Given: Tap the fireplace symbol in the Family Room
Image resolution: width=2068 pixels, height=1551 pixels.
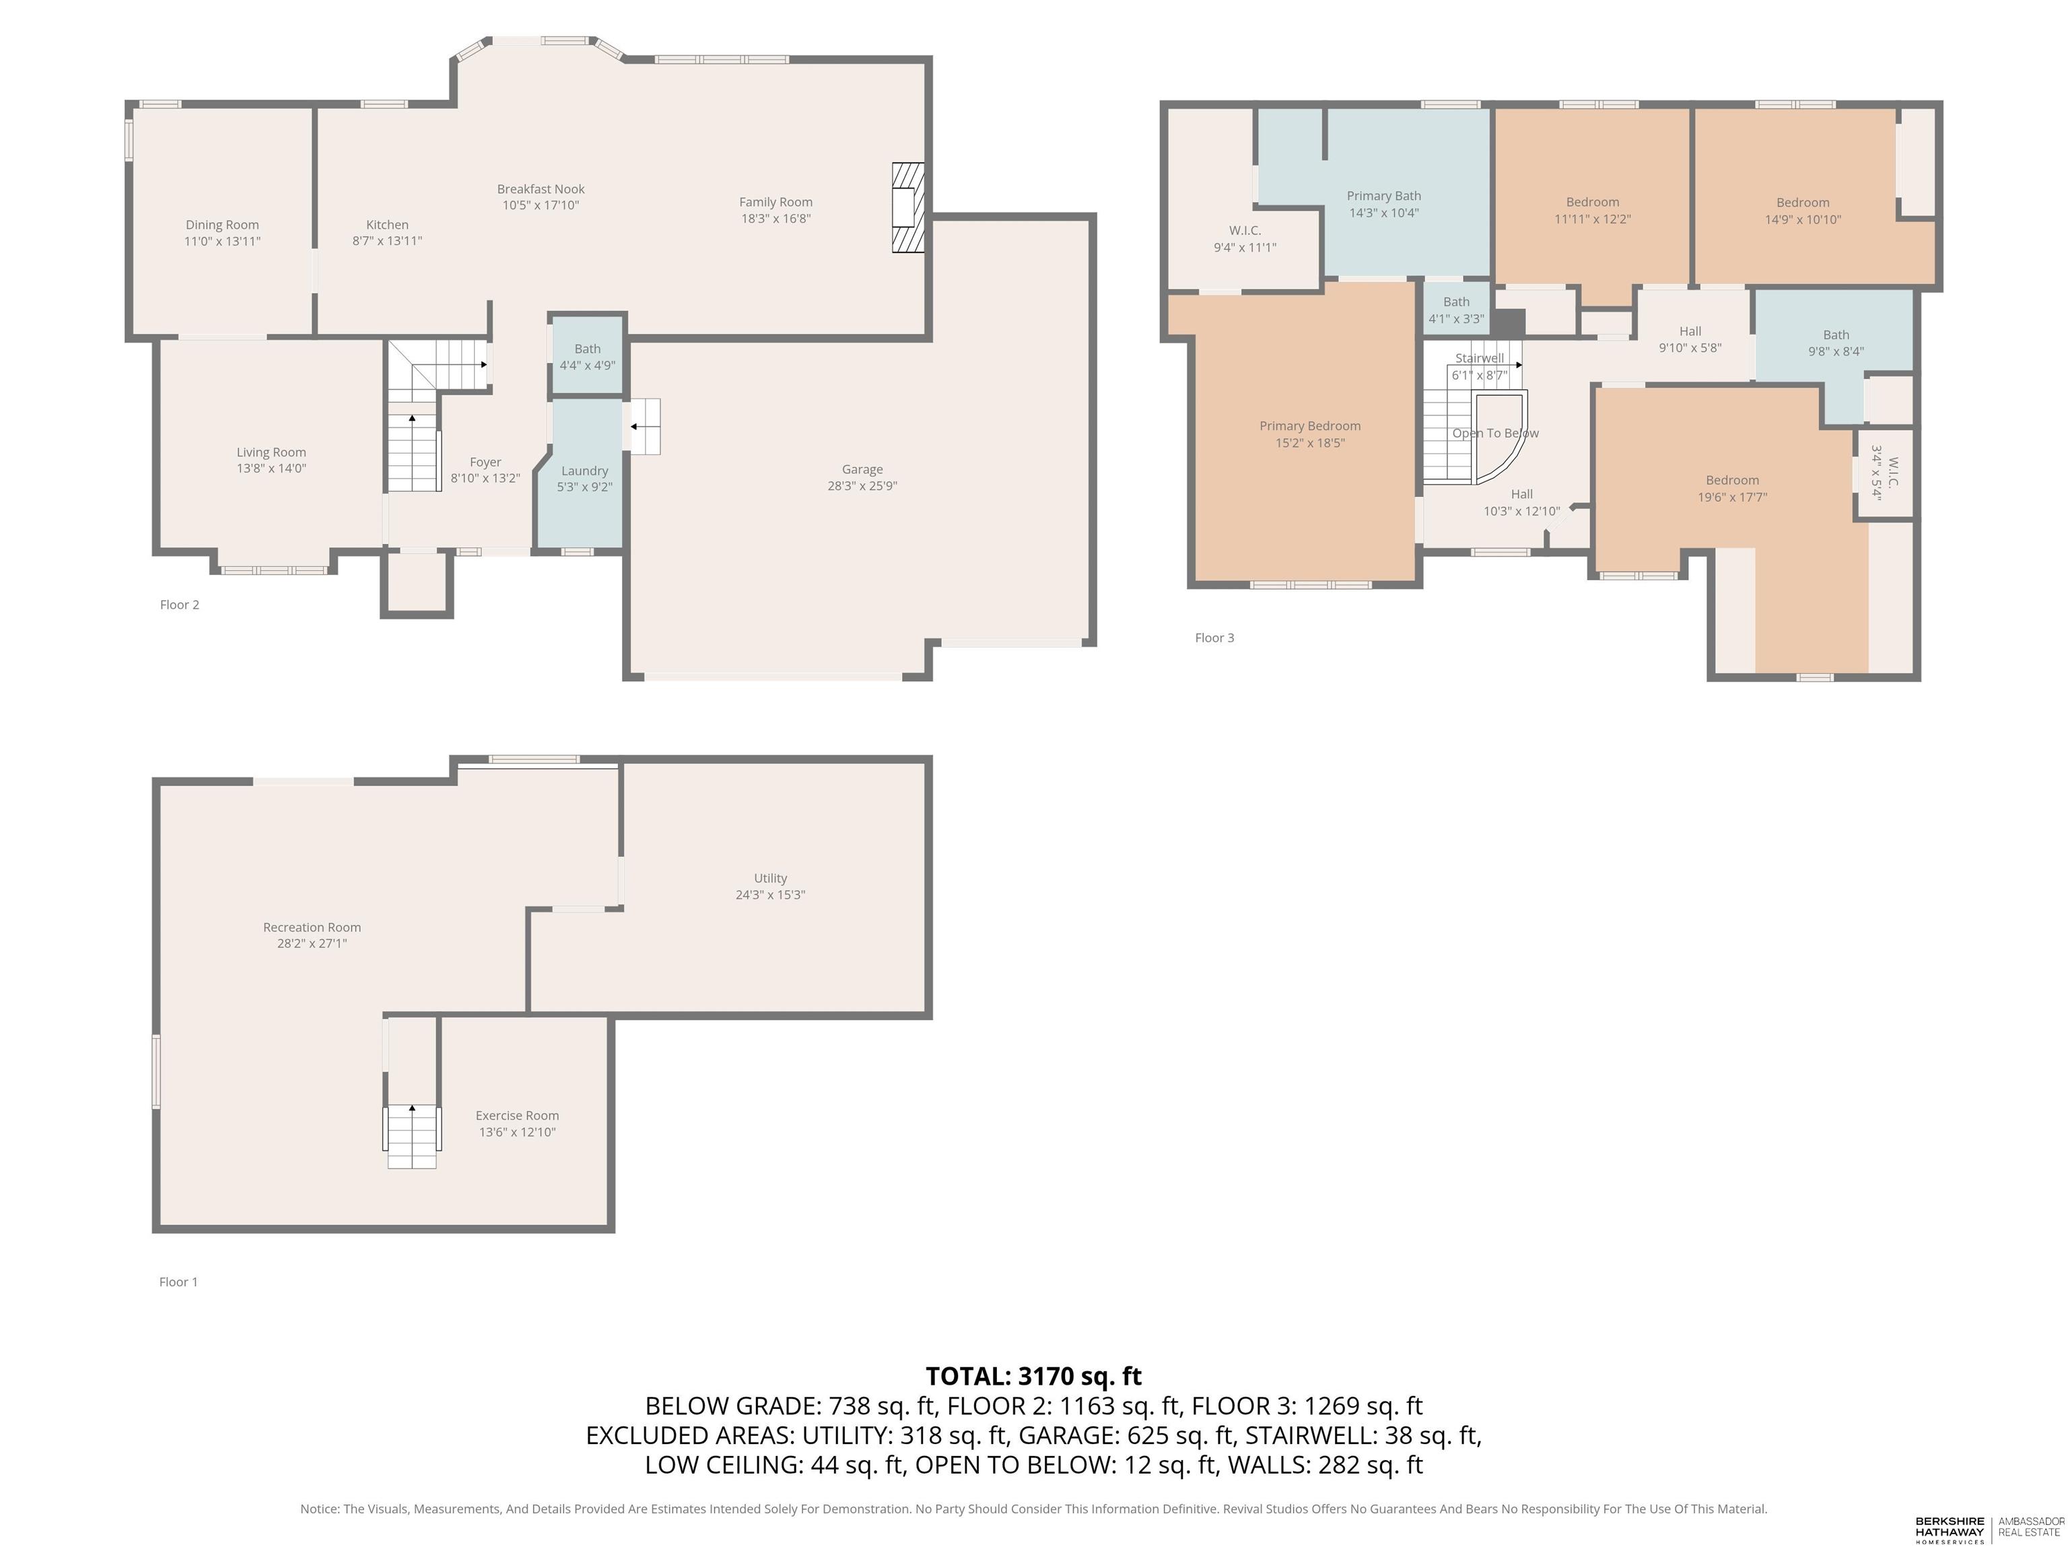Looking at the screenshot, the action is click(907, 207).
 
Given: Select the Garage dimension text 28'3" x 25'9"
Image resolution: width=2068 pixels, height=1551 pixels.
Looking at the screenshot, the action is click(862, 486).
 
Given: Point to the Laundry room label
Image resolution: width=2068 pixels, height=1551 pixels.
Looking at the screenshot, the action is click(584, 471).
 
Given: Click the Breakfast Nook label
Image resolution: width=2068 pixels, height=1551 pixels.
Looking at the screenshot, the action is click(541, 189).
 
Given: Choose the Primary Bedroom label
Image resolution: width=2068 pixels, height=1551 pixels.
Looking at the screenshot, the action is click(1310, 426).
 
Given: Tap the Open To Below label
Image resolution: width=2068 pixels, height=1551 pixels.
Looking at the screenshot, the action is click(1495, 433).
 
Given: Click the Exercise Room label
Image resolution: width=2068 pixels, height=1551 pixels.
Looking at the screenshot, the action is click(517, 1115).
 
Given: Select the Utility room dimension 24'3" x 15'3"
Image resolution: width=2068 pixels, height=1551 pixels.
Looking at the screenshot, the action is click(770, 895).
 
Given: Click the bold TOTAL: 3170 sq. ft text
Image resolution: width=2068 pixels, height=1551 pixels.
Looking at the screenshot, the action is click(1033, 1376).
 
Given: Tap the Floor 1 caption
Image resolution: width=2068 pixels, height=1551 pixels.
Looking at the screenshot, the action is click(178, 1282).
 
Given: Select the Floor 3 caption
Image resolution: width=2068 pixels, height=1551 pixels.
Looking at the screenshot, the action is click(1214, 637).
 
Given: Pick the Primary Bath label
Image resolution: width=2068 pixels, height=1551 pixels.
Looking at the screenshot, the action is click(1383, 195).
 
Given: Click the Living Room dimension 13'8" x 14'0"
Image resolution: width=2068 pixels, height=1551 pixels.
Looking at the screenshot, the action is click(271, 469).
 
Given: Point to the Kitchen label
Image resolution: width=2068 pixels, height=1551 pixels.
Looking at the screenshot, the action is click(387, 224).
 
